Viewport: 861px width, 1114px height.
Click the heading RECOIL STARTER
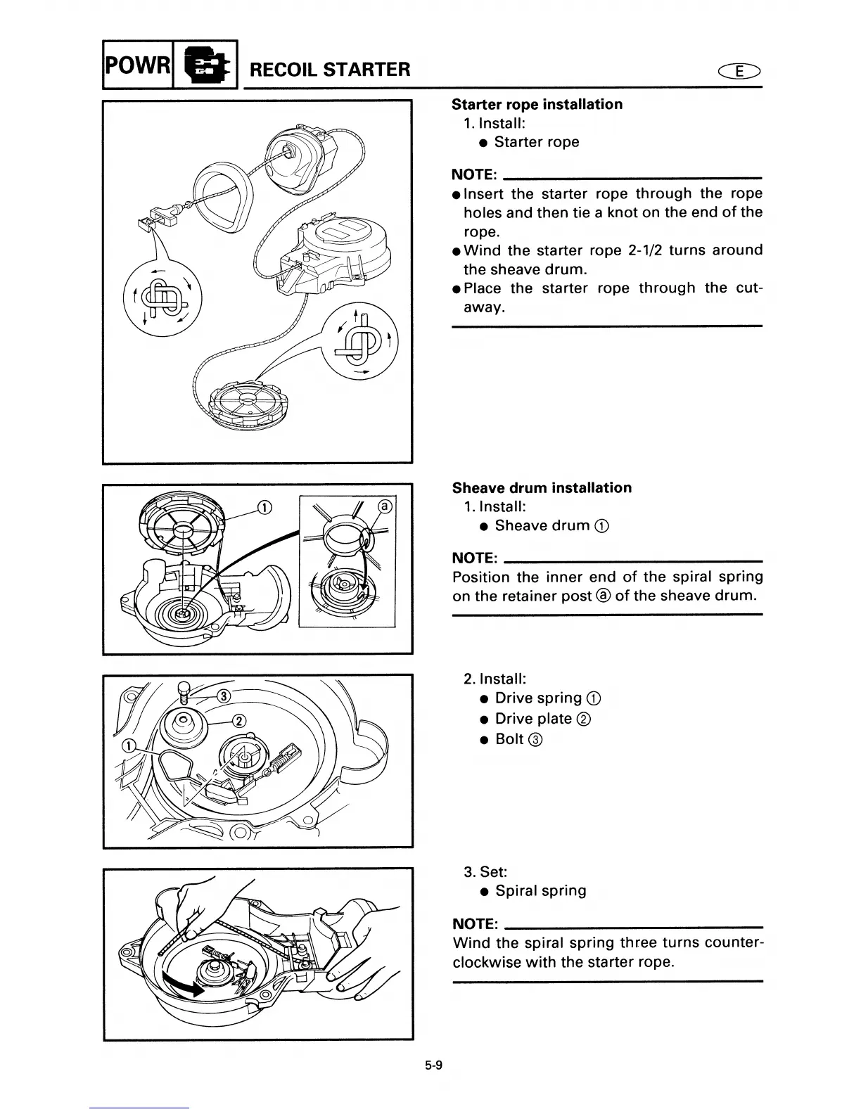[330, 69]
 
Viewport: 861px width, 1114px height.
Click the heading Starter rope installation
[537, 104]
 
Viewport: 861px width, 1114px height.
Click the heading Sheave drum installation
[542, 487]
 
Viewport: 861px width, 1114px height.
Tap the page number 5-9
[433, 1065]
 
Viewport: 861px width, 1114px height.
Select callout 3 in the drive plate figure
[223, 696]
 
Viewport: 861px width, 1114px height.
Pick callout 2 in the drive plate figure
[239, 721]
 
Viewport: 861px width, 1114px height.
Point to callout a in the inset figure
[384, 506]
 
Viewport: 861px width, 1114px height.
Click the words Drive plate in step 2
[533, 718]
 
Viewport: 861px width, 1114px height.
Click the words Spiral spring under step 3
[540, 890]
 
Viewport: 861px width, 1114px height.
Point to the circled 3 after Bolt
[537, 739]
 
